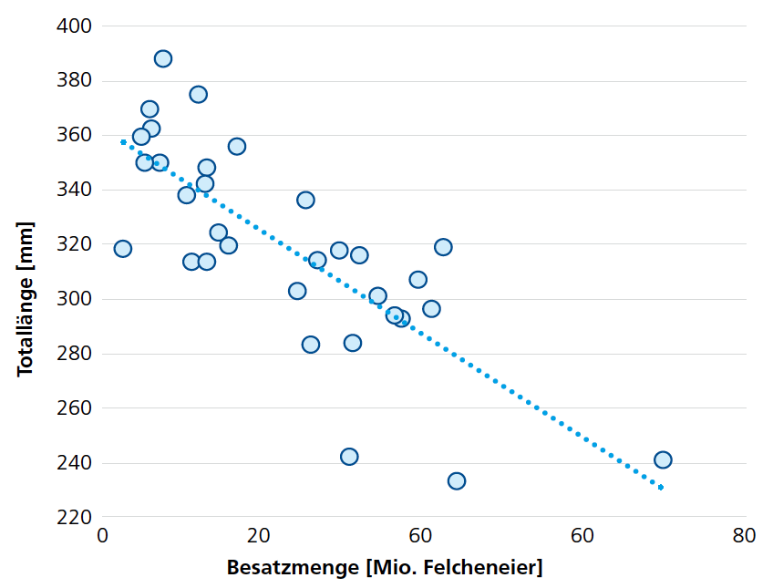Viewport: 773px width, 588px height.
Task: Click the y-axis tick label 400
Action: click(75, 26)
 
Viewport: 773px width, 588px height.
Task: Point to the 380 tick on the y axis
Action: click(75, 80)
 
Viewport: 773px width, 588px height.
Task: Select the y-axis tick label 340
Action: click(75, 190)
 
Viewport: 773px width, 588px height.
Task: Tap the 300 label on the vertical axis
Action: click(75, 299)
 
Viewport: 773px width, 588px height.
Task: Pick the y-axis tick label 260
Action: click(75, 408)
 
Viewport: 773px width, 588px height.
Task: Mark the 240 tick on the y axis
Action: click(75, 463)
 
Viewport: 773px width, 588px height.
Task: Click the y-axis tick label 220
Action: click(75, 518)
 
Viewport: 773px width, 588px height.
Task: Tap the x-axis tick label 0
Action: click(102, 535)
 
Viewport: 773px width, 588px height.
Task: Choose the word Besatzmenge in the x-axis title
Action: click(293, 568)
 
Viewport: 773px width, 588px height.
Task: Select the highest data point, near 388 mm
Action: click(163, 59)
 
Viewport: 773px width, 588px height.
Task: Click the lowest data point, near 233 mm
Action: click(457, 480)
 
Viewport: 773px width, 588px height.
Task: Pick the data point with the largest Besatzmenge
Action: click(663, 460)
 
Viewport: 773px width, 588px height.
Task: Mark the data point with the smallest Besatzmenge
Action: click(123, 249)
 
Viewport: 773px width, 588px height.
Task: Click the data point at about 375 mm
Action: click(198, 95)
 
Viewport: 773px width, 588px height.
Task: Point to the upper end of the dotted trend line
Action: click(123, 141)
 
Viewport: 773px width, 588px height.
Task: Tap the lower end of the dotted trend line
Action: click(662, 489)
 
